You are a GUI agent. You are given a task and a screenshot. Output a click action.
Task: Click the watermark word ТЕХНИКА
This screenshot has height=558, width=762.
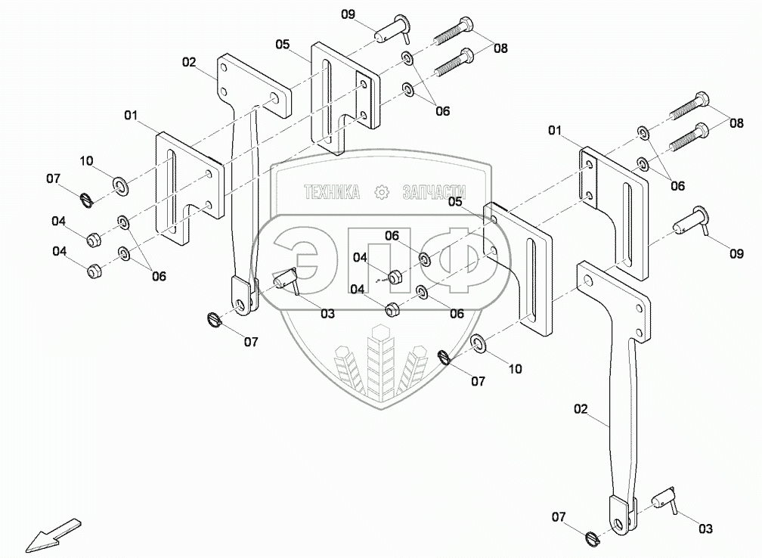click(332, 193)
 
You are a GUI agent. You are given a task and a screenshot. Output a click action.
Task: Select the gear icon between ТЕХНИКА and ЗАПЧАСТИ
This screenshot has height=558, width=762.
click(382, 193)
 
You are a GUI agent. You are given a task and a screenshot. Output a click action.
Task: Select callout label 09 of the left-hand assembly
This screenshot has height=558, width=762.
click(347, 14)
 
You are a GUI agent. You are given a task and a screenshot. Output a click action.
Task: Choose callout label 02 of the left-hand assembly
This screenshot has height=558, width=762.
click(189, 62)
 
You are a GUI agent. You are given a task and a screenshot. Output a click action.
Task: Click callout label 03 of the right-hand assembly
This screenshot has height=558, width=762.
click(705, 529)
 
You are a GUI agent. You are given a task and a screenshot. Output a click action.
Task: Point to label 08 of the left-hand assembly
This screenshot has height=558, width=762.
click(500, 48)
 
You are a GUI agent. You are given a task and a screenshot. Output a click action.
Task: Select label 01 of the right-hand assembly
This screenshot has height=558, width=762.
click(555, 132)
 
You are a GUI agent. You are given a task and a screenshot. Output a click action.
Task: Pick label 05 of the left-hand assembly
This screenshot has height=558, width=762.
click(283, 45)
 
